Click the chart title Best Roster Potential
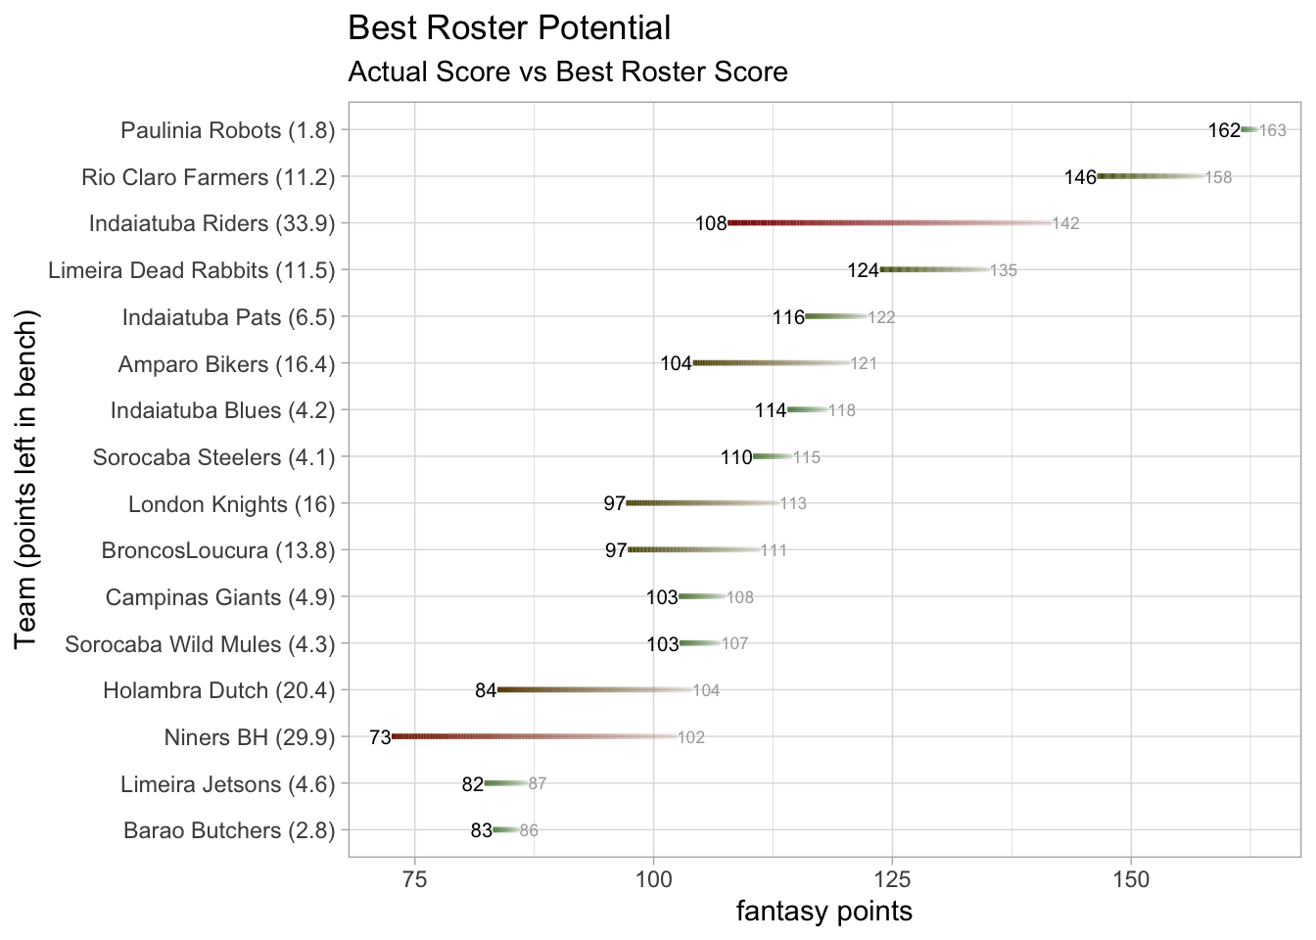pos(509,28)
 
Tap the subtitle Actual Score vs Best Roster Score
pos(568,72)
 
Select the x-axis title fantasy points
pos(823,912)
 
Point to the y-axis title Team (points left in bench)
pos(26,479)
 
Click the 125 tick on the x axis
pos(892,878)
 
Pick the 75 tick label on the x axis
pos(415,878)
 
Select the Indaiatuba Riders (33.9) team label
pos(211,223)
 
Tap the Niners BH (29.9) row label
pos(250,737)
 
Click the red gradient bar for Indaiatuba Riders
pos(881,223)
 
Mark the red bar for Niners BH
pos(529,736)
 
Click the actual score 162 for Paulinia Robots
pos(1224,130)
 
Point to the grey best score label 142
pos(1065,223)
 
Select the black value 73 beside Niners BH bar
pos(380,737)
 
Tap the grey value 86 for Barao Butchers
pos(529,831)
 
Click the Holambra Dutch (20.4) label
pos(218,690)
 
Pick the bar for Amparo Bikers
pos(770,363)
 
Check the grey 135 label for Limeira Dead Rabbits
pos(1004,270)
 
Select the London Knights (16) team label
pos(231,504)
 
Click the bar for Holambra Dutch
pos(591,690)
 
